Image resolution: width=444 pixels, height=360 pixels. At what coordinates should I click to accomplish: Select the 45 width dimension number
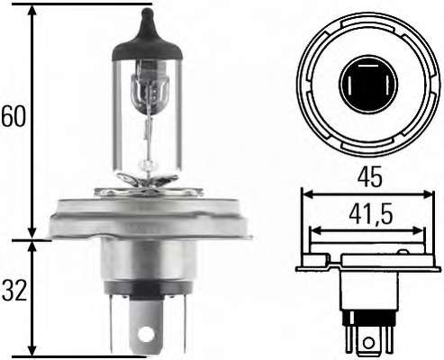367,177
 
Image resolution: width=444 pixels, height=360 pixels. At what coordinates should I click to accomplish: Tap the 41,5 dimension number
367,215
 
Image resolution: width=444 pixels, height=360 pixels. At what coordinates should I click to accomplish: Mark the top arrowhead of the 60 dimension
32,9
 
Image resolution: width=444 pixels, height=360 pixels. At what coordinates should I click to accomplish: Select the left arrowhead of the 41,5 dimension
313,231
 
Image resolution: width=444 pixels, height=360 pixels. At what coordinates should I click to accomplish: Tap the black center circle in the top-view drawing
367,84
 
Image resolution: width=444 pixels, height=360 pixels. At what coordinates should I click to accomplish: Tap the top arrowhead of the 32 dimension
32,246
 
